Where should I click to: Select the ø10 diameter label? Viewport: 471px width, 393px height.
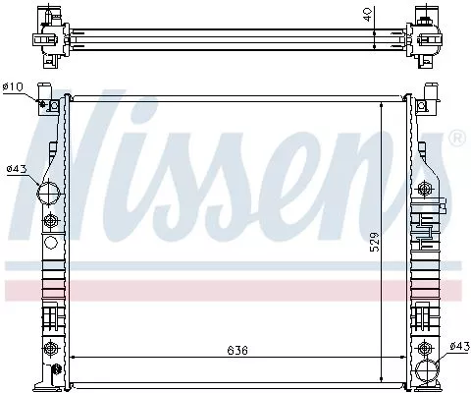(x=14, y=87)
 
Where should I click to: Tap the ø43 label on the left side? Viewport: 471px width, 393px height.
(x=15, y=169)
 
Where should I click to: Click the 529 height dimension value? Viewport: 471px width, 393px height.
(x=374, y=241)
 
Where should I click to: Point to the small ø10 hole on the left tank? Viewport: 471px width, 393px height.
(x=45, y=103)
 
